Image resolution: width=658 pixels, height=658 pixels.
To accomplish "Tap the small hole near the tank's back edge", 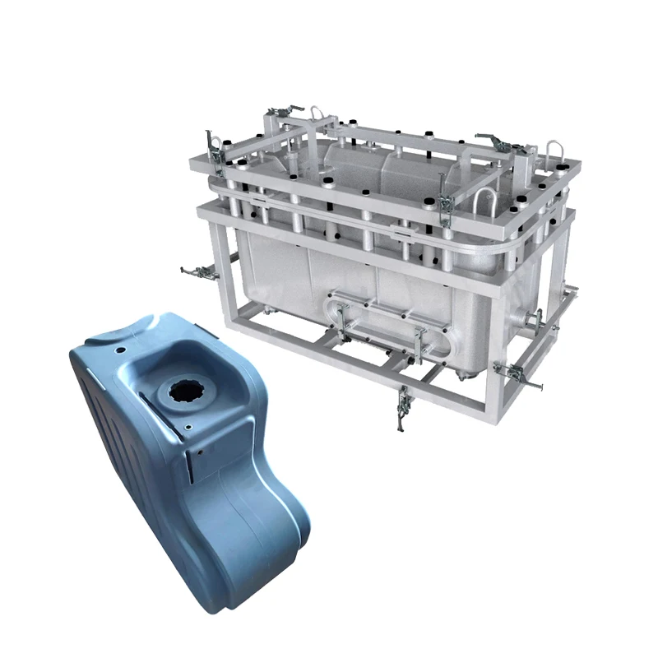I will coord(121,349).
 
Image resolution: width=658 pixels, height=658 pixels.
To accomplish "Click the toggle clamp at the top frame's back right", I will coord(493,141).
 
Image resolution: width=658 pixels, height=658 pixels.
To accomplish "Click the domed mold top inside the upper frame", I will coord(387,164).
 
